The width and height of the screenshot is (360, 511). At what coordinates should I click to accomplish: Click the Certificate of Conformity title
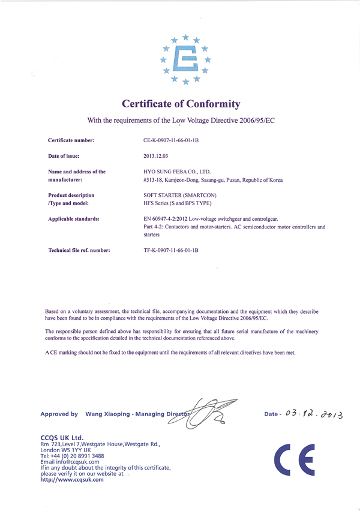click(x=181, y=104)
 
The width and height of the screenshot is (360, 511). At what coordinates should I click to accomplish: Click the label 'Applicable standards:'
click(x=74, y=219)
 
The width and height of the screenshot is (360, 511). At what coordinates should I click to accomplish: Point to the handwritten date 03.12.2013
click(x=317, y=414)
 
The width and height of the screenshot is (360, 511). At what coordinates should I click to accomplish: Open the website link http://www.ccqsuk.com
click(x=72, y=479)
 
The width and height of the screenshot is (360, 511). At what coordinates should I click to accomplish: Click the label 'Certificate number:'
click(x=71, y=140)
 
